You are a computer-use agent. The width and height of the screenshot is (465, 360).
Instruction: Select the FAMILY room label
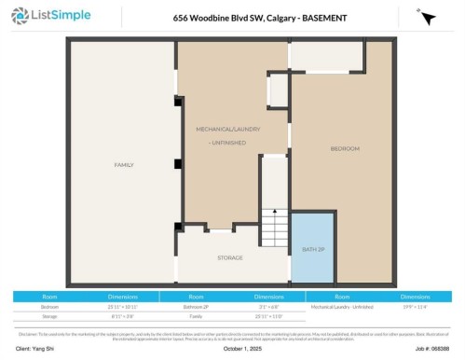124,164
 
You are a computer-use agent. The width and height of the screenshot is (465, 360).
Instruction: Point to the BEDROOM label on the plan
345,149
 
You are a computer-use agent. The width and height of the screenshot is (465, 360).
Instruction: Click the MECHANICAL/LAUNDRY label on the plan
221,127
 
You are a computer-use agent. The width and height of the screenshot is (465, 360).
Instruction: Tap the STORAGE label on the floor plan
230,257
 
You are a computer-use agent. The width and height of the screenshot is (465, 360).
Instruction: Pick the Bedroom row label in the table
49,306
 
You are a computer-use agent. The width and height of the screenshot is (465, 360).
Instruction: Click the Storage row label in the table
49,316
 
